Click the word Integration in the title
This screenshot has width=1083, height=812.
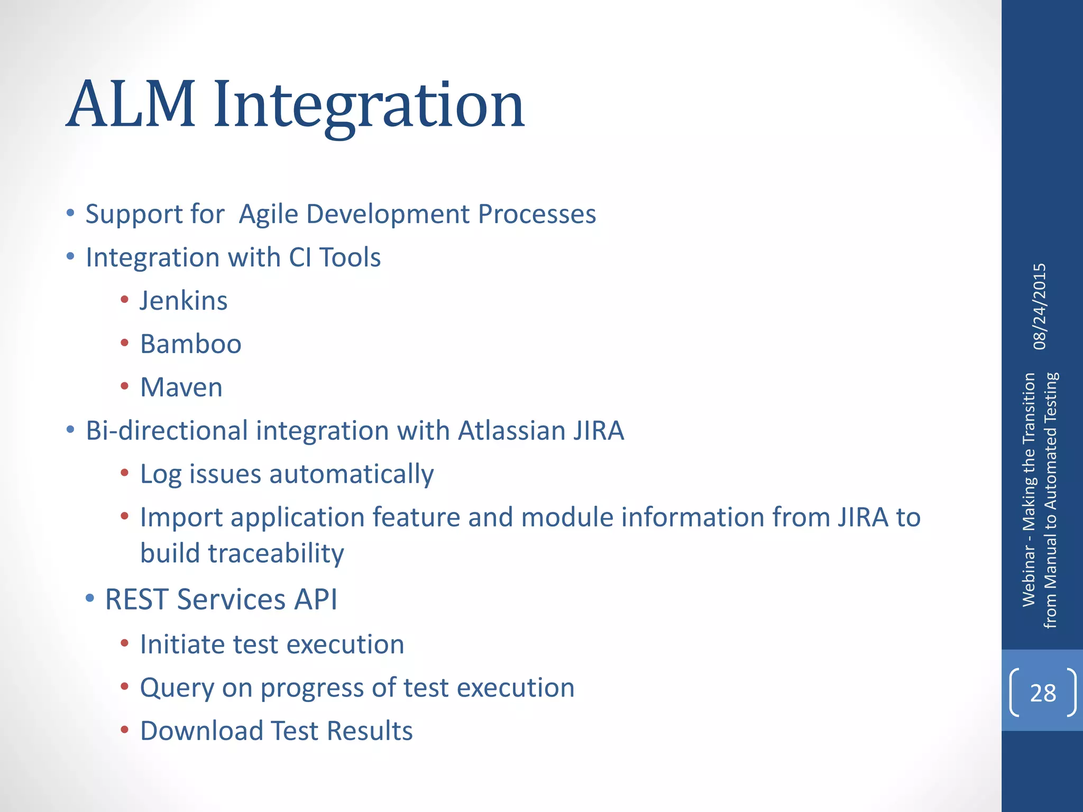point(369,106)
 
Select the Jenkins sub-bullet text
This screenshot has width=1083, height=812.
point(183,301)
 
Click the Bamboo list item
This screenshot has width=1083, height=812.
point(190,344)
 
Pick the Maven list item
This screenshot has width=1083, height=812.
point(181,387)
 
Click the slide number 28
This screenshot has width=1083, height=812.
point(1043,693)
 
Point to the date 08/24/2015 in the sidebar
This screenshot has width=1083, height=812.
point(1040,307)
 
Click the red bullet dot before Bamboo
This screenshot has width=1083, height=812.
point(125,343)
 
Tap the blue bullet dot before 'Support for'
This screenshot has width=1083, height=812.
point(70,214)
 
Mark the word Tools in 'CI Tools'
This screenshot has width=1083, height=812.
point(350,258)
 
